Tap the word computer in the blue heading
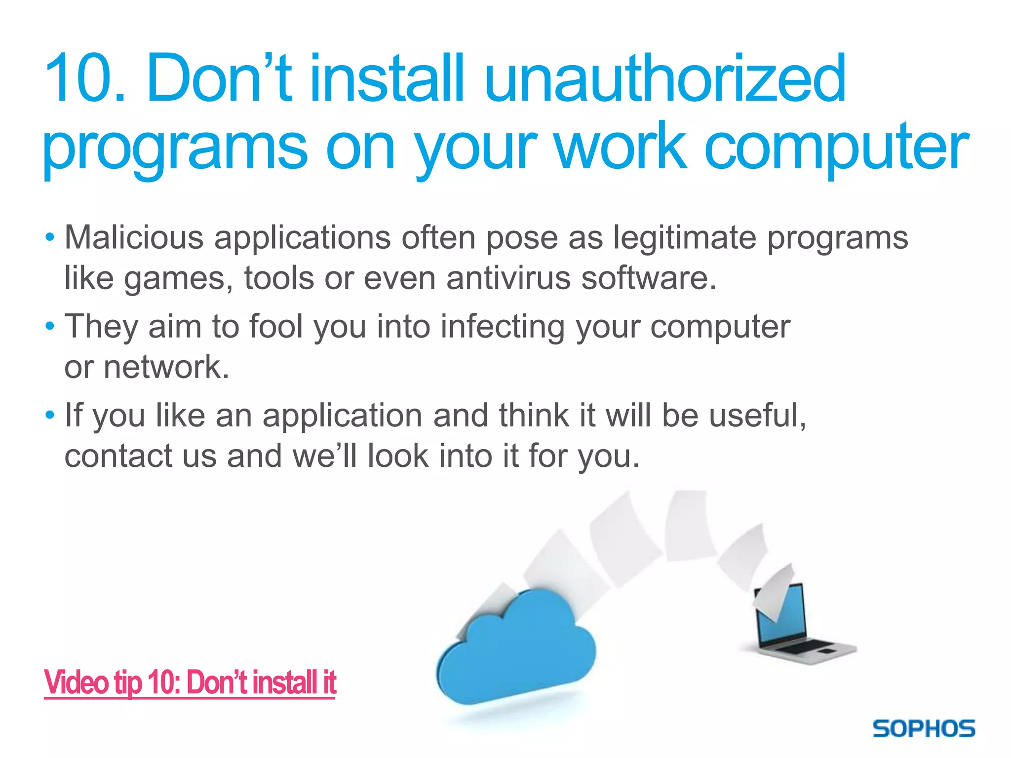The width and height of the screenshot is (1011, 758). point(836,147)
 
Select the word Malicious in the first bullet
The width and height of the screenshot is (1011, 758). point(134,237)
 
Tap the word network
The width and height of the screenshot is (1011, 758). point(166,367)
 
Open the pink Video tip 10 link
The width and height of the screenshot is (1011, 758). point(190,682)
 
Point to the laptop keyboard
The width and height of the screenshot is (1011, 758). point(805,646)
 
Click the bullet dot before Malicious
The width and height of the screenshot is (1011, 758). point(49,238)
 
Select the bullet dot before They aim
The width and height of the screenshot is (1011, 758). point(49,327)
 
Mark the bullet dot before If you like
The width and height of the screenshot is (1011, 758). point(49,416)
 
